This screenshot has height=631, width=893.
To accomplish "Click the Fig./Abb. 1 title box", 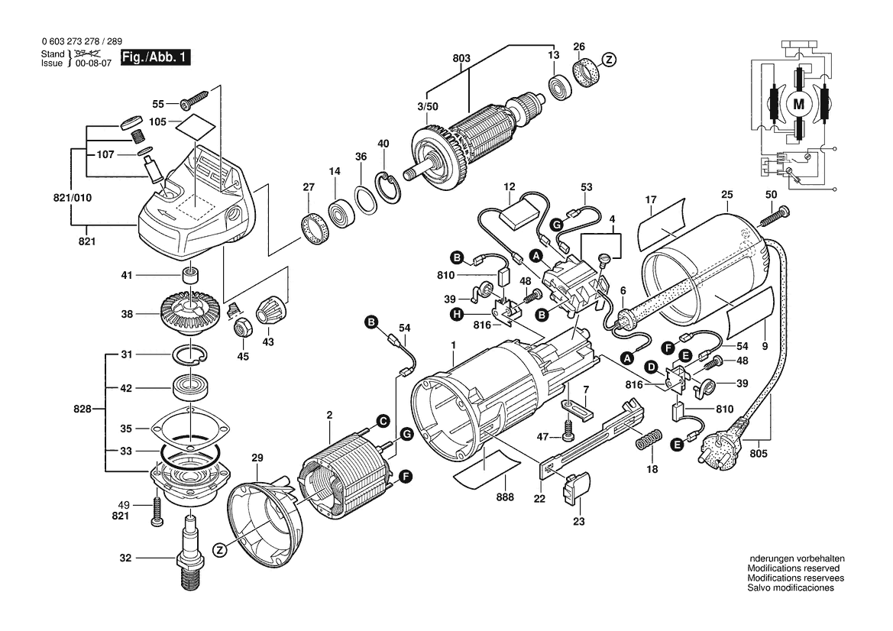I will coord(157,57).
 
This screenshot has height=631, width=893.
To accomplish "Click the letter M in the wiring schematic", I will coord(800,103).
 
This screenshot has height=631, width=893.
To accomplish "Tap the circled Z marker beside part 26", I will coord(609,60).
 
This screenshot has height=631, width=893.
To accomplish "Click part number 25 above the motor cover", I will coord(726,196).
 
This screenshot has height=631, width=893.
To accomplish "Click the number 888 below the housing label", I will coord(504,497).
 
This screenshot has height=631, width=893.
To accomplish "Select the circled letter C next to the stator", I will coord(382,419).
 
